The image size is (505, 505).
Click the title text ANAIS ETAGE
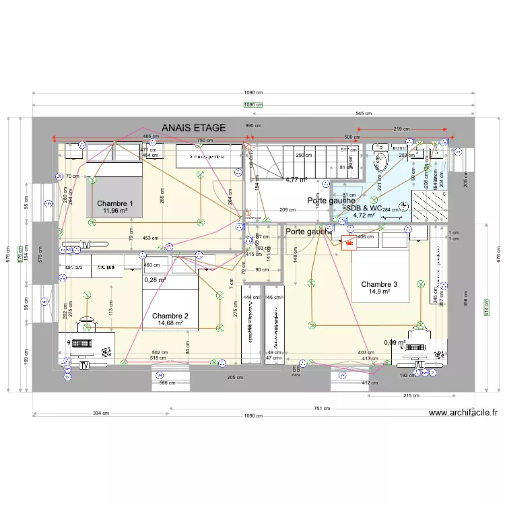pyautogui.click(x=193, y=128)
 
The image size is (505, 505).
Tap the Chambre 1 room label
pyautogui.click(x=115, y=203)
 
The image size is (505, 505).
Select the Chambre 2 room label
pyautogui.click(x=170, y=316)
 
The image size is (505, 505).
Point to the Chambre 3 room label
pyautogui.click(x=379, y=284)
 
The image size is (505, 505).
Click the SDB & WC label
pyautogui.click(x=364, y=208)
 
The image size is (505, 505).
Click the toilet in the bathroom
pyautogui.click(x=380, y=156)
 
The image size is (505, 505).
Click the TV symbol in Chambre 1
pyautogui.click(x=86, y=244)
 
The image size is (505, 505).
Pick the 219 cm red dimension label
pyautogui.click(x=403, y=129)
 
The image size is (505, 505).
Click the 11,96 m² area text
pyautogui.click(x=115, y=211)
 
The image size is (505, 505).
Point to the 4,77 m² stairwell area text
pyautogui.click(x=296, y=180)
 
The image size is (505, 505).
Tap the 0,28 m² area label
pyautogui.click(x=155, y=279)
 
